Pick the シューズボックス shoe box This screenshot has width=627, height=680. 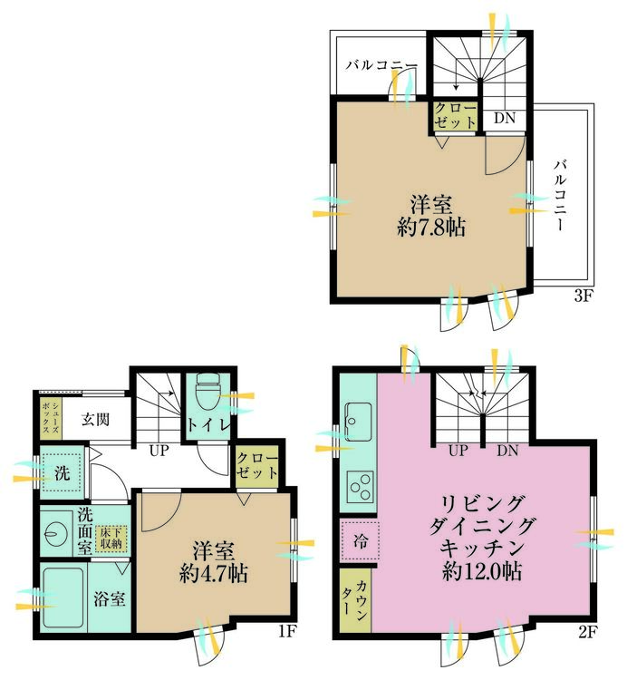pos(43,415)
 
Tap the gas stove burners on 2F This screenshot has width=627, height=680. pos(361,486)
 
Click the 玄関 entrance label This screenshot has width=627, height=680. pos(94,420)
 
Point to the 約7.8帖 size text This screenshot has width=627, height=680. pos(430,228)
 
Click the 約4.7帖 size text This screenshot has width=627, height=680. pos(214,574)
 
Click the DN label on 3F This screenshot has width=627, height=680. pos(505,117)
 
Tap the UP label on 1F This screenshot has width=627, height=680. pos(158,450)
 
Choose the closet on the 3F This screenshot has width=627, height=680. pos(453,116)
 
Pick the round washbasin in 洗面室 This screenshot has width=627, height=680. pos(56,532)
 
